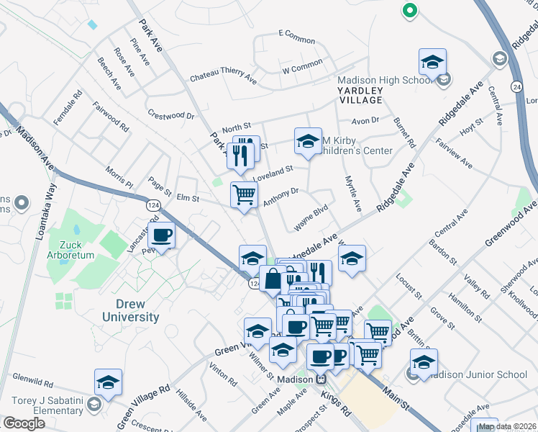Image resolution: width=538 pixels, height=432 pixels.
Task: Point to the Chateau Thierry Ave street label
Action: tap(223, 76)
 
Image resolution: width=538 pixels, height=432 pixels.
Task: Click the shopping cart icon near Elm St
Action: tap(244, 194)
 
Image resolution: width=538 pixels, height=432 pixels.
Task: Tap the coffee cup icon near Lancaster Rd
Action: tap(161, 236)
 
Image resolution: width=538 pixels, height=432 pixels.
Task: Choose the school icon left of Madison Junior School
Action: tap(424, 362)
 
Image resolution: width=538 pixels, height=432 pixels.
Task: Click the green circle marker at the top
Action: tap(409, 10)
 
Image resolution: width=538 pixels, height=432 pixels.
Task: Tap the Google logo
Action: tap(24, 423)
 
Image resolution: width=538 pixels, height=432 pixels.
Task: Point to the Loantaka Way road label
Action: tap(42, 215)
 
